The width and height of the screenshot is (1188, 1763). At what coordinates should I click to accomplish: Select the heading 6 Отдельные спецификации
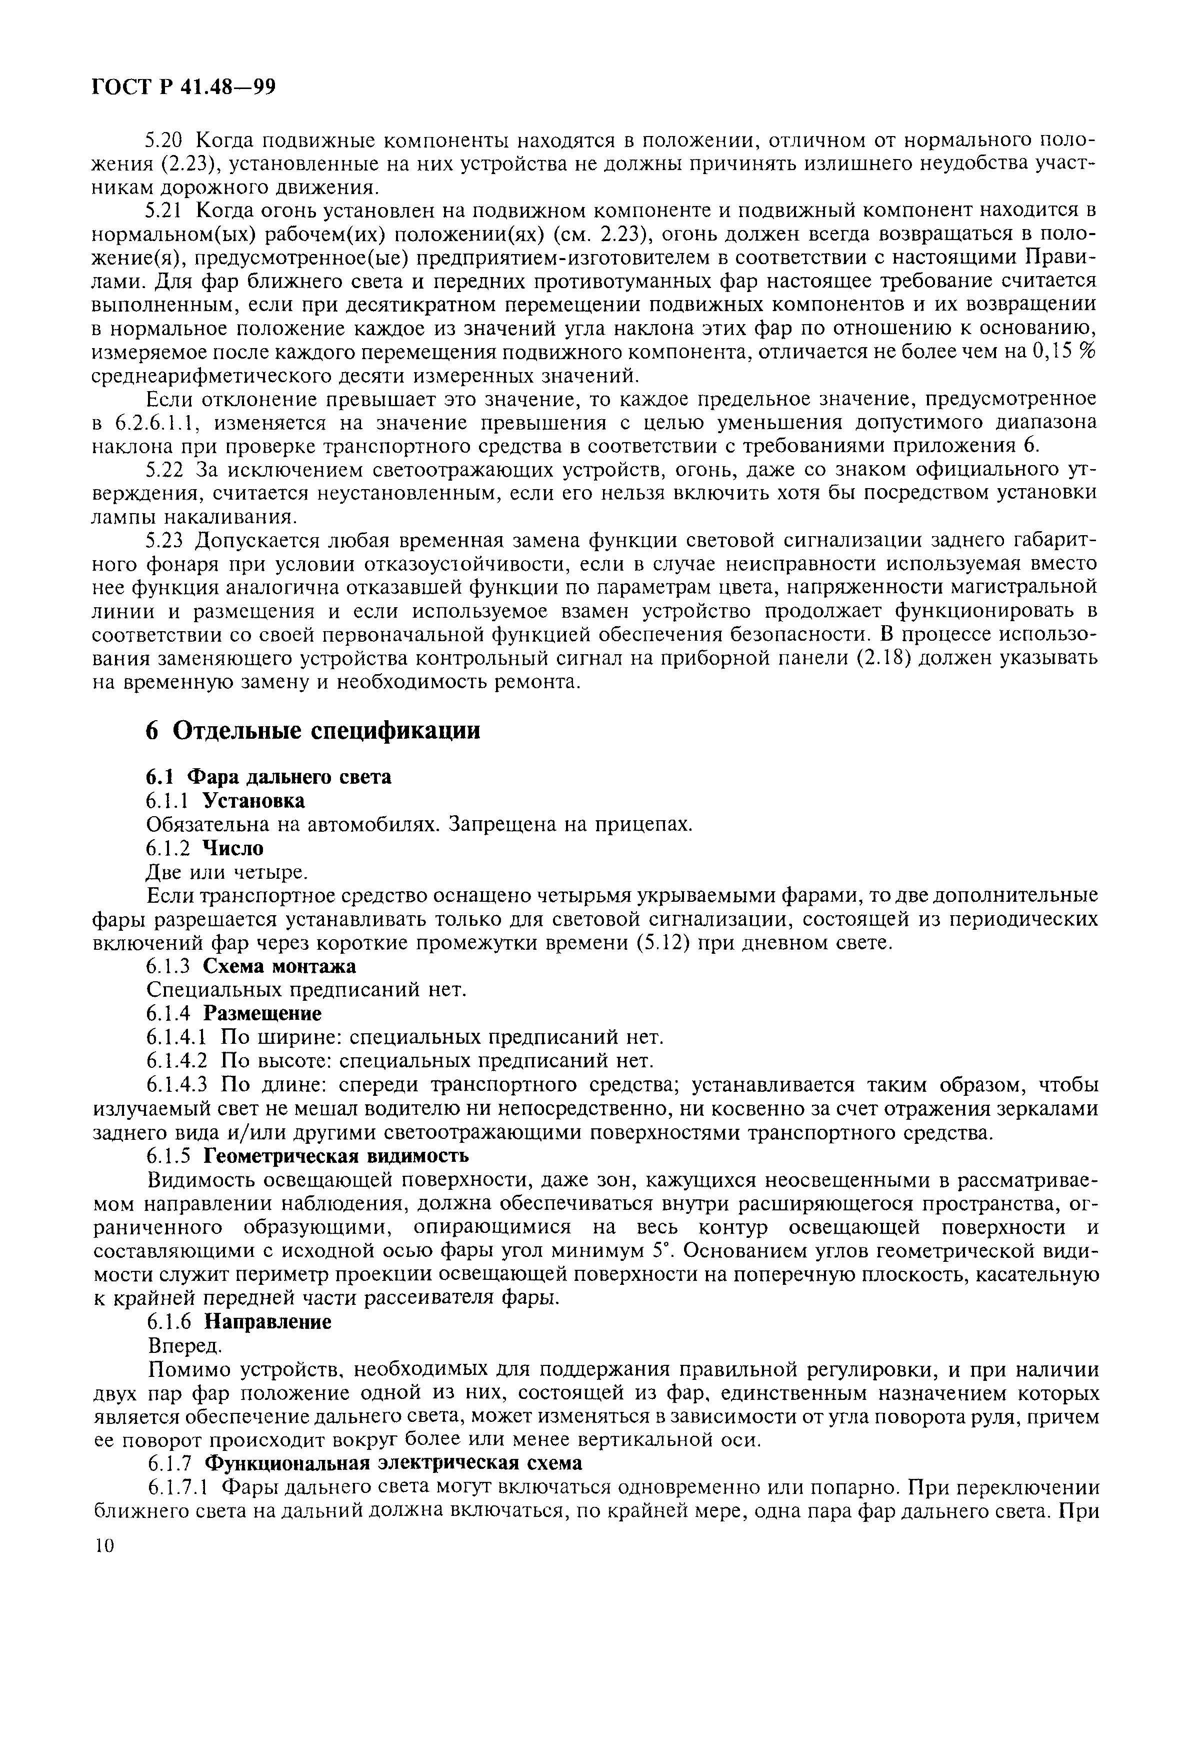313,730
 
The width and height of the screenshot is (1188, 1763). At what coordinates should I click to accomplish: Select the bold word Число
234,848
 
